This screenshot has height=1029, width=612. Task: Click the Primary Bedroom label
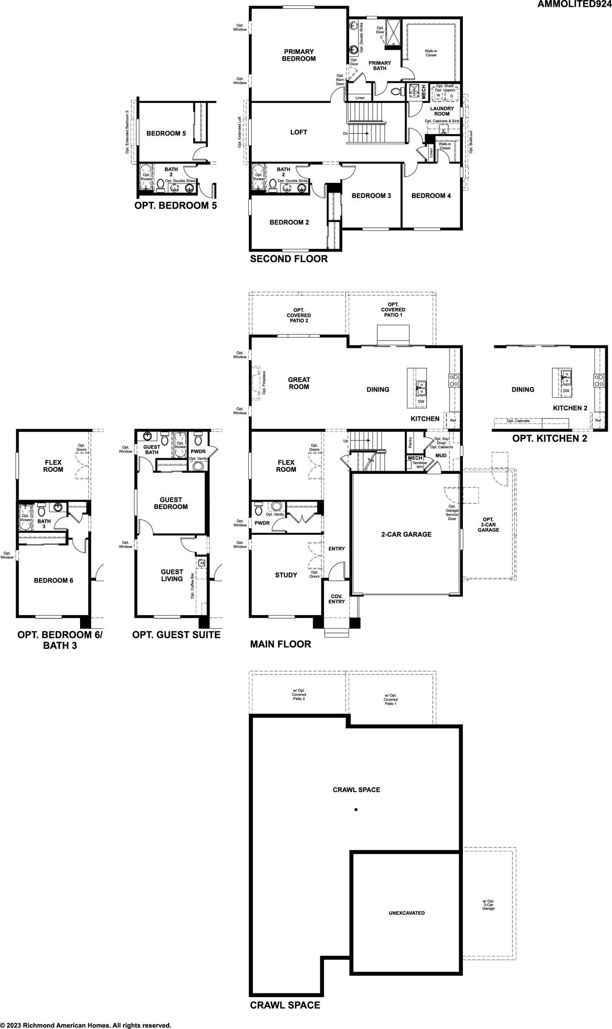point(299,55)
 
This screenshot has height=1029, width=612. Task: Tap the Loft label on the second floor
point(299,132)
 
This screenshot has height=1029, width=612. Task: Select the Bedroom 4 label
point(431,196)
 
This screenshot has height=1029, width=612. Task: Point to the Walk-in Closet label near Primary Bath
point(431,53)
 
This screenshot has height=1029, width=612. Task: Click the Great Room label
point(299,383)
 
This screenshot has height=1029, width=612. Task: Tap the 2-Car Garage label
point(406,534)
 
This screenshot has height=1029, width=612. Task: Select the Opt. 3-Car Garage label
point(488,525)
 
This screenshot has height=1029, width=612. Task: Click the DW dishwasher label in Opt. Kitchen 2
point(566,391)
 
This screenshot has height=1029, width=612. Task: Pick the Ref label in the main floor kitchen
point(453,420)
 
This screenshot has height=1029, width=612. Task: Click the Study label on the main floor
point(286,575)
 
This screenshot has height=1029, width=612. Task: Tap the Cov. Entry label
point(336,599)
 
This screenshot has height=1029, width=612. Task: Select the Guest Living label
point(172,575)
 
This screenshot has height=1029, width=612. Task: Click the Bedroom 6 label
point(54,580)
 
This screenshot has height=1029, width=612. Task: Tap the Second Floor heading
point(289,259)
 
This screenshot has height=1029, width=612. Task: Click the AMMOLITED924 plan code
point(574,5)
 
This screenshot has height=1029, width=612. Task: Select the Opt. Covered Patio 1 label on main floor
point(393,310)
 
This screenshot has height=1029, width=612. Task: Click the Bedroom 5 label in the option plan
point(166,134)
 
